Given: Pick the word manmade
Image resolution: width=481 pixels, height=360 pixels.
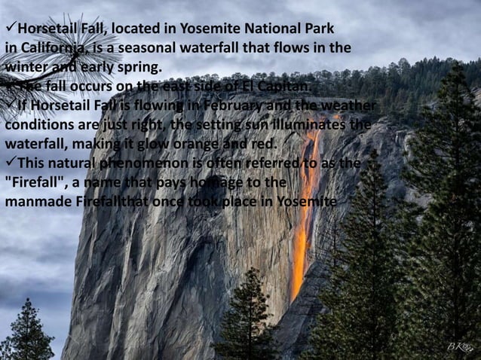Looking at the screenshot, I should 38,202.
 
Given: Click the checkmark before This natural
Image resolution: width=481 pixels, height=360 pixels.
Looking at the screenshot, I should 10,162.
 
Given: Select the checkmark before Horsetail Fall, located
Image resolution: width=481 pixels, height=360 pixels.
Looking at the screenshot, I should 10,29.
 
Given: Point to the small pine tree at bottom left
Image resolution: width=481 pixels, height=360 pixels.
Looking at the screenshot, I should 28,331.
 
